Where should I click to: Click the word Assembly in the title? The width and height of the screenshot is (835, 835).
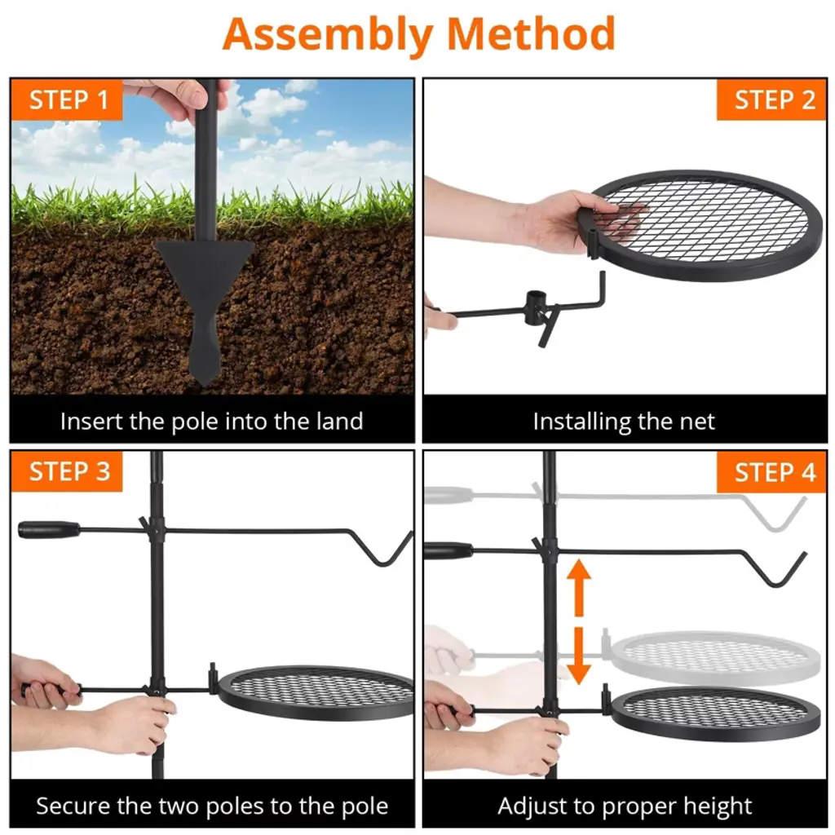click(x=327, y=34)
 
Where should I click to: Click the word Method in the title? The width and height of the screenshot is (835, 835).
click(x=531, y=33)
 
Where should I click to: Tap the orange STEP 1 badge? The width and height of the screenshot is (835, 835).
click(x=67, y=99)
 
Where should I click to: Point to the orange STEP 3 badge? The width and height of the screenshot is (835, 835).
click(x=67, y=471)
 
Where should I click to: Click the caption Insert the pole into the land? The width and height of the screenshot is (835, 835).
click(x=212, y=422)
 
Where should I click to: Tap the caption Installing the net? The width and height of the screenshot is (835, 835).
click(x=624, y=422)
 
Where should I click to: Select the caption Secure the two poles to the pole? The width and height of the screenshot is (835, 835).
click(x=212, y=806)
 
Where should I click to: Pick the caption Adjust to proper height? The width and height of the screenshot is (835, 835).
click(x=625, y=806)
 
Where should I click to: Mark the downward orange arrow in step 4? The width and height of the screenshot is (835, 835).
click(x=579, y=656)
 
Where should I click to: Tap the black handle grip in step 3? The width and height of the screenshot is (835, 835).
click(x=49, y=530)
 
